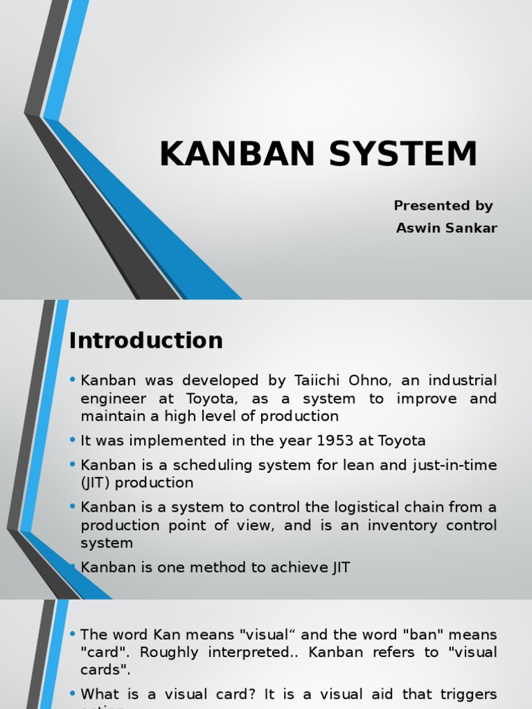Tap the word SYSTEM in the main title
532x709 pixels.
402,154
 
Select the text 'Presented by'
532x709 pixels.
443,206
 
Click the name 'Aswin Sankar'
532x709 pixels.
447,228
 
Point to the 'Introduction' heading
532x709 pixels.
146,341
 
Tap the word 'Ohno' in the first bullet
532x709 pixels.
378,380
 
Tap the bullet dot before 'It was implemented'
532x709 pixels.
73,440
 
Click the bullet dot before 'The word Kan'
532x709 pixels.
73,634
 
